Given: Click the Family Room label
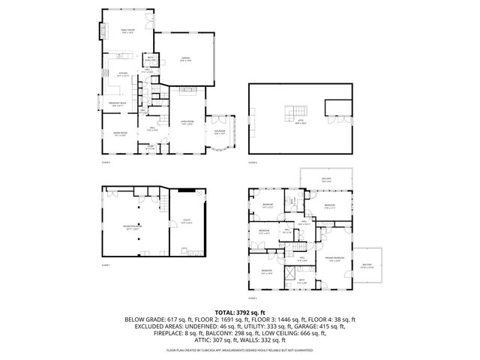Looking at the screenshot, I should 127,31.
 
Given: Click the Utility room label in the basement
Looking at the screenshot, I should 187,221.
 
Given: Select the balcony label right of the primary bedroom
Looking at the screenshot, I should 367,265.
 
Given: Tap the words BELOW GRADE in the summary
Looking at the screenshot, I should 145,319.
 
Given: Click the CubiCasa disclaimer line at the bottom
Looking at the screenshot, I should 239,349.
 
